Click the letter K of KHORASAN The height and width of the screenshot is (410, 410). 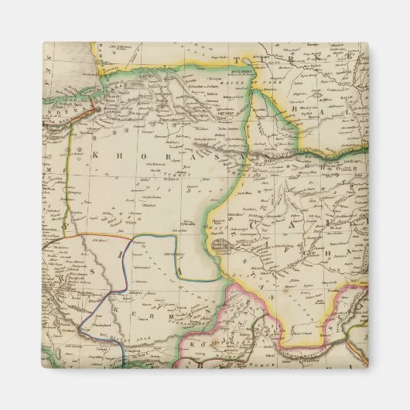click(95, 155)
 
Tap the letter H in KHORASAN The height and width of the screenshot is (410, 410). click(116, 155)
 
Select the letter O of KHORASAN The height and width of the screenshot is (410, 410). click(137, 156)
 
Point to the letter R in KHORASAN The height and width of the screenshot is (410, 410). click(159, 157)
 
